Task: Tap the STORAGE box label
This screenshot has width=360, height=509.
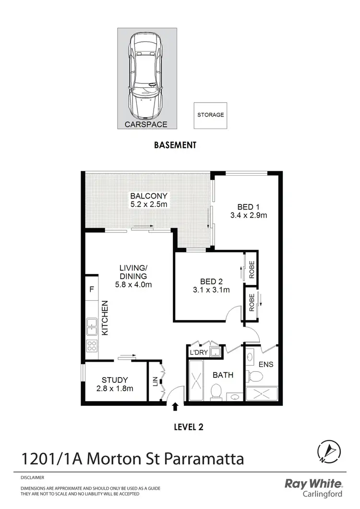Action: pos(211,115)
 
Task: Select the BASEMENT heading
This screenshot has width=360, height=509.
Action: pos(175,145)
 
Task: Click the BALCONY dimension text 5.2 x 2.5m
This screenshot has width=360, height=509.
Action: pos(149,205)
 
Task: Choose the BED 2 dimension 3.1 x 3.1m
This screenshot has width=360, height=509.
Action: pos(209,290)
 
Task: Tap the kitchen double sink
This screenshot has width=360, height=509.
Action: pos(92,327)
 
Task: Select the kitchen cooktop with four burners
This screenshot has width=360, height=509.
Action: pos(92,345)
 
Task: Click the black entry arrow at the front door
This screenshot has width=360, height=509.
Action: pos(175,407)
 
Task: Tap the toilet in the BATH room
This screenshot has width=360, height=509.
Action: pos(216,392)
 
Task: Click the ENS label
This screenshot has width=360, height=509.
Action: pos(265,364)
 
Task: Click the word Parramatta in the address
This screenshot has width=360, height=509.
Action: pos(204,459)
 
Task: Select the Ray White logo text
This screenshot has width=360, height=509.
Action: pos(314,484)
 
